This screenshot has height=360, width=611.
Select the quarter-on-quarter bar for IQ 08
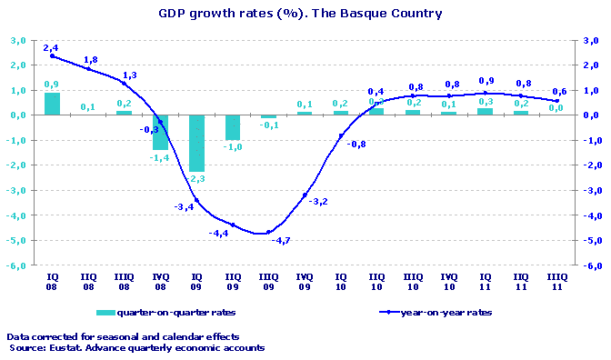coord(53,104)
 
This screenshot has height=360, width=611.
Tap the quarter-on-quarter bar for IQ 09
coord(196,143)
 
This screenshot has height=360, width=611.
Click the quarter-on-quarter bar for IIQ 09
coord(233,127)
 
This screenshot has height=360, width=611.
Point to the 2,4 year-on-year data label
coord(51,46)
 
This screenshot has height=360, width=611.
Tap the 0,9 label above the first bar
coord(53,85)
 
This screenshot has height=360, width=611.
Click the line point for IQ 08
coord(53,55)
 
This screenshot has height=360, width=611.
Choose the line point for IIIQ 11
coord(556,100)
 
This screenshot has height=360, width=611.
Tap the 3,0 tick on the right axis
coord(591,41)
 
